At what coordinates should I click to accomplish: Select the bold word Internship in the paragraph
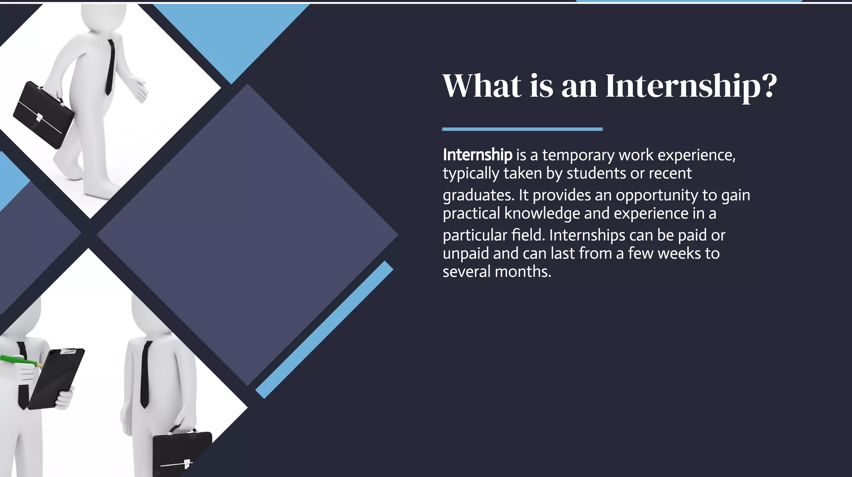click(477, 155)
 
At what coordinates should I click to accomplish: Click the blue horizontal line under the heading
click(522, 129)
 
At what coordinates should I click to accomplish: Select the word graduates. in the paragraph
click(478, 195)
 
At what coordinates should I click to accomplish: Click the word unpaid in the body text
click(466, 253)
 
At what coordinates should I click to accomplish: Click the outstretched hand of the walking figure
click(139, 89)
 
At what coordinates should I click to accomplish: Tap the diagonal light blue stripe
click(324, 329)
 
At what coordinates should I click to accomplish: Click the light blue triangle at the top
click(231, 33)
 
